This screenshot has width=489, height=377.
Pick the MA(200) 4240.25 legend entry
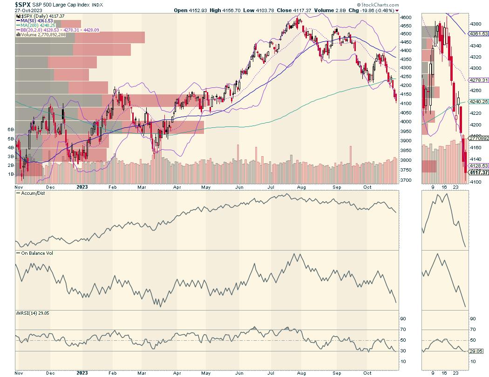click(x=39, y=25)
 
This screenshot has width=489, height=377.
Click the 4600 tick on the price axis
click(x=406, y=17)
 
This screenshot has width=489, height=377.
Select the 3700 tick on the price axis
click(x=406, y=180)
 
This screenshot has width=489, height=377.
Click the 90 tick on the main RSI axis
click(x=403, y=318)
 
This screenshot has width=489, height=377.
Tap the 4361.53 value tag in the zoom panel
click(x=479, y=34)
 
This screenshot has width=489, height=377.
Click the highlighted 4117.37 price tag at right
click(x=479, y=172)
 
